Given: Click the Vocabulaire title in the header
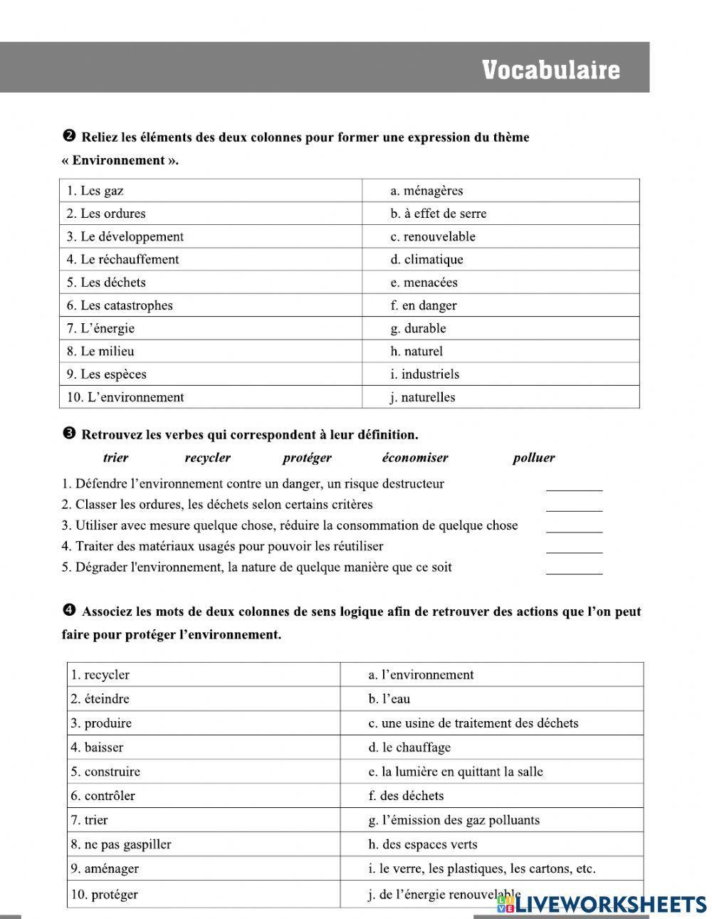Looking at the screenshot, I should [x=550, y=70].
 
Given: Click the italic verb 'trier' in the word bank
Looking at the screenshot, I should [x=115, y=458].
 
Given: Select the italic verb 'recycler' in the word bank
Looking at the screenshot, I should [x=207, y=458].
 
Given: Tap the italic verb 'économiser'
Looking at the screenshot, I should [x=414, y=458].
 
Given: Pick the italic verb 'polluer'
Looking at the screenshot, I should [x=533, y=458].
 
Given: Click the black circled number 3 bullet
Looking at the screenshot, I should [x=69, y=434].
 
